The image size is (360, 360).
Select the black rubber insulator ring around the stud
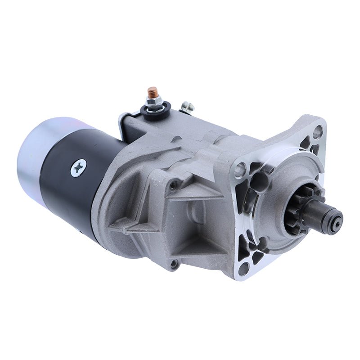tap(157, 110)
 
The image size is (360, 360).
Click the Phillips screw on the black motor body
tap(78, 168)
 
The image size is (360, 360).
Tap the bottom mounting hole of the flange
tap(243, 269)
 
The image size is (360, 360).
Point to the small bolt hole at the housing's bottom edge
tap(174, 264)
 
